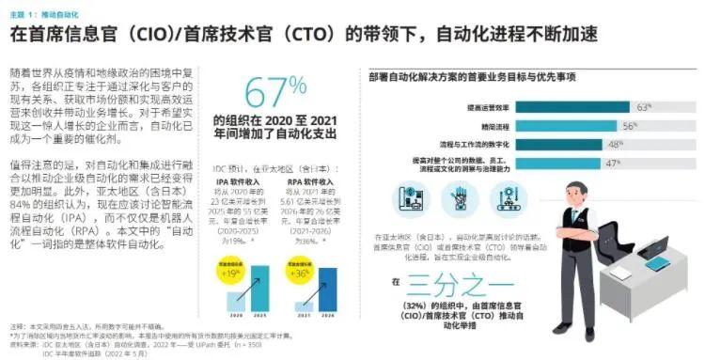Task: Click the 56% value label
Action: pyautogui.click(x=629, y=125)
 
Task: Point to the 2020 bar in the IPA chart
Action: pyautogui.click(x=234, y=300)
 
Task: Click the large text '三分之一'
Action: pyautogui.click(x=460, y=283)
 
